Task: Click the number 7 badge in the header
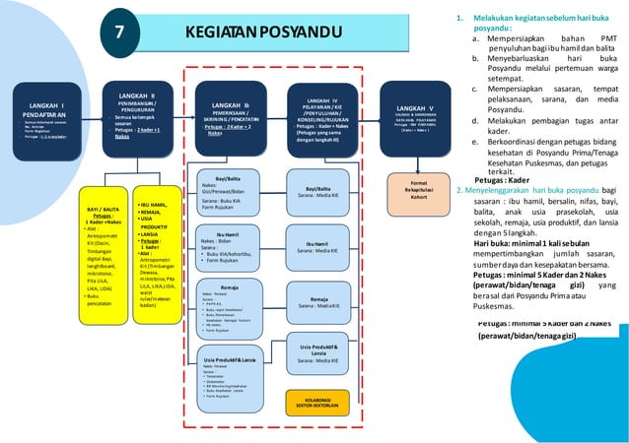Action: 119,32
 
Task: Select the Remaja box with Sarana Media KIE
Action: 324,302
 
